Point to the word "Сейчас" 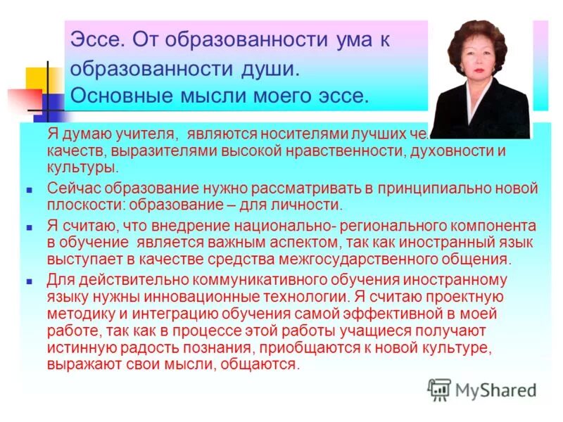pos(69,188)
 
